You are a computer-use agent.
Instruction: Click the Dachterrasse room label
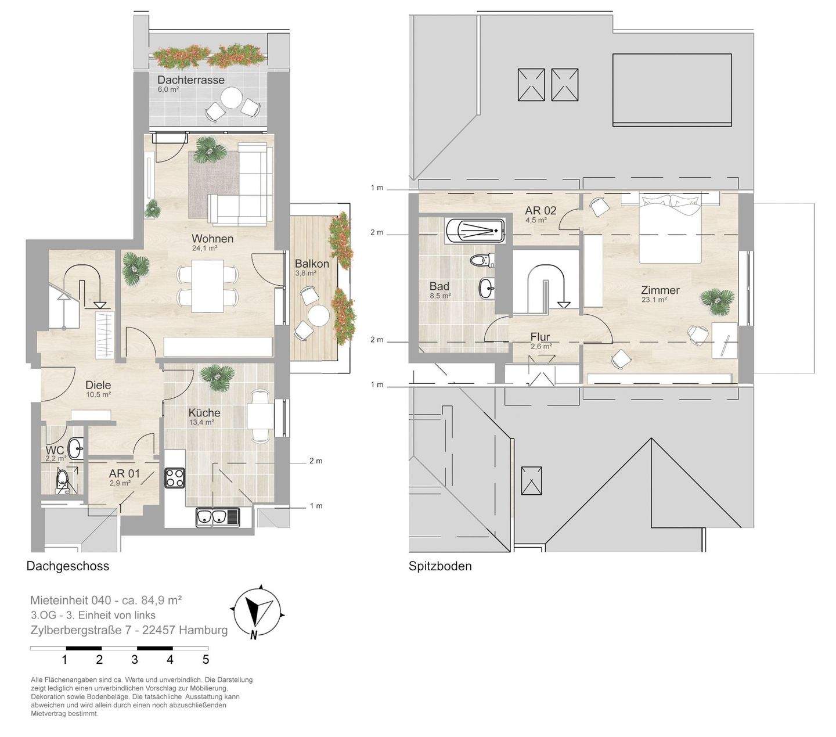(x=190, y=80)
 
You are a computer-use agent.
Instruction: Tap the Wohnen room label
(x=212, y=239)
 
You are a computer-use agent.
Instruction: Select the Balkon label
(x=312, y=264)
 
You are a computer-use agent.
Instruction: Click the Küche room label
(x=204, y=412)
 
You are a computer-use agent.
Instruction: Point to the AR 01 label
(x=124, y=473)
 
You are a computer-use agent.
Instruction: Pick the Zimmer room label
(x=660, y=290)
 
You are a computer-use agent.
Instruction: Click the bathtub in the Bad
(x=475, y=231)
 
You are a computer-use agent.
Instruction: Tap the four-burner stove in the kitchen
(x=175, y=477)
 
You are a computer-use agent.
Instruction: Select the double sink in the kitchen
(x=217, y=517)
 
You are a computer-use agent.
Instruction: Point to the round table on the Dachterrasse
(x=231, y=99)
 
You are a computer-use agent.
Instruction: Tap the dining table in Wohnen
(x=208, y=286)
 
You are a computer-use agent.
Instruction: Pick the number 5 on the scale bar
(x=206, y=659)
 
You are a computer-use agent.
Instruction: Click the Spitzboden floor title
(x=440, y=566)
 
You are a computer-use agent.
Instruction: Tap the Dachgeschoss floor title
(x=68, y=566)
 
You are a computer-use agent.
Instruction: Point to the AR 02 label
(x=540, y=210)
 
